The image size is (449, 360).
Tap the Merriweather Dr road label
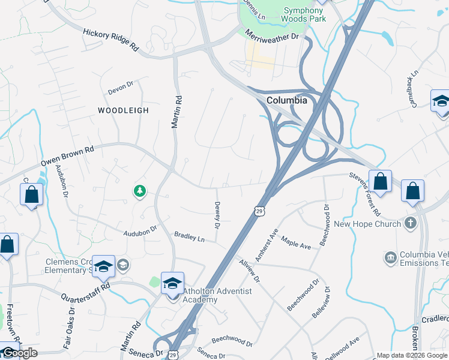click(272, 36)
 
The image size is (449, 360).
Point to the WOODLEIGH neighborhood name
click(123, 110)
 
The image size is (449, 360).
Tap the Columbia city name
click(287, 100)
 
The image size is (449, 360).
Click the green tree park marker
click(139, 191)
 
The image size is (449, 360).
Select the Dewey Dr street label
click(217, 214)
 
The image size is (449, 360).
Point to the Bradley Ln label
click(189, 237)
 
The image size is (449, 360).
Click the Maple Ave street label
click(296, 245)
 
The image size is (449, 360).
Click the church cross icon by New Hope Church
click(410, 224)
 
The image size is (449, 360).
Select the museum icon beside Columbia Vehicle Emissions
click(391, 257)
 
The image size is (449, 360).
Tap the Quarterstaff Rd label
click(86, 291)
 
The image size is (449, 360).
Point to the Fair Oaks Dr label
click(67, 329)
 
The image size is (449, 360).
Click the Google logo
click(19, 353)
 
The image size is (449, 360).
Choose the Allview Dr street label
click(249, 271)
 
